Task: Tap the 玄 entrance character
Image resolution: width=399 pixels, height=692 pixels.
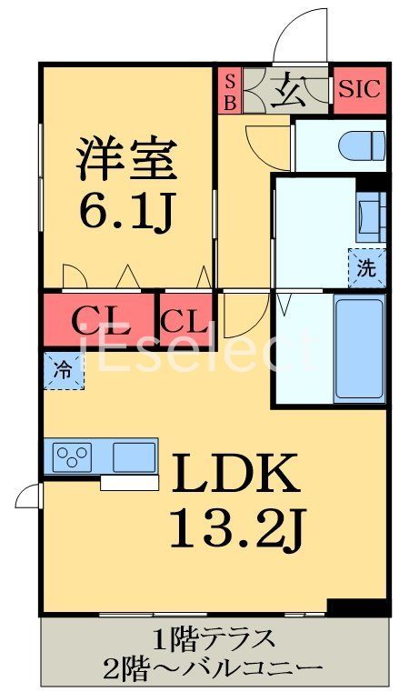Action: pos(290,90)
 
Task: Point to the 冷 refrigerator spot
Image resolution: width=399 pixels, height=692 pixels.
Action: pos(61,370)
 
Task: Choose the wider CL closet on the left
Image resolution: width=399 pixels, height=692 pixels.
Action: pos(99,318)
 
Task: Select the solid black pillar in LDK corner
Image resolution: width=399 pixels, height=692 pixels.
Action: pos(346,607)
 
